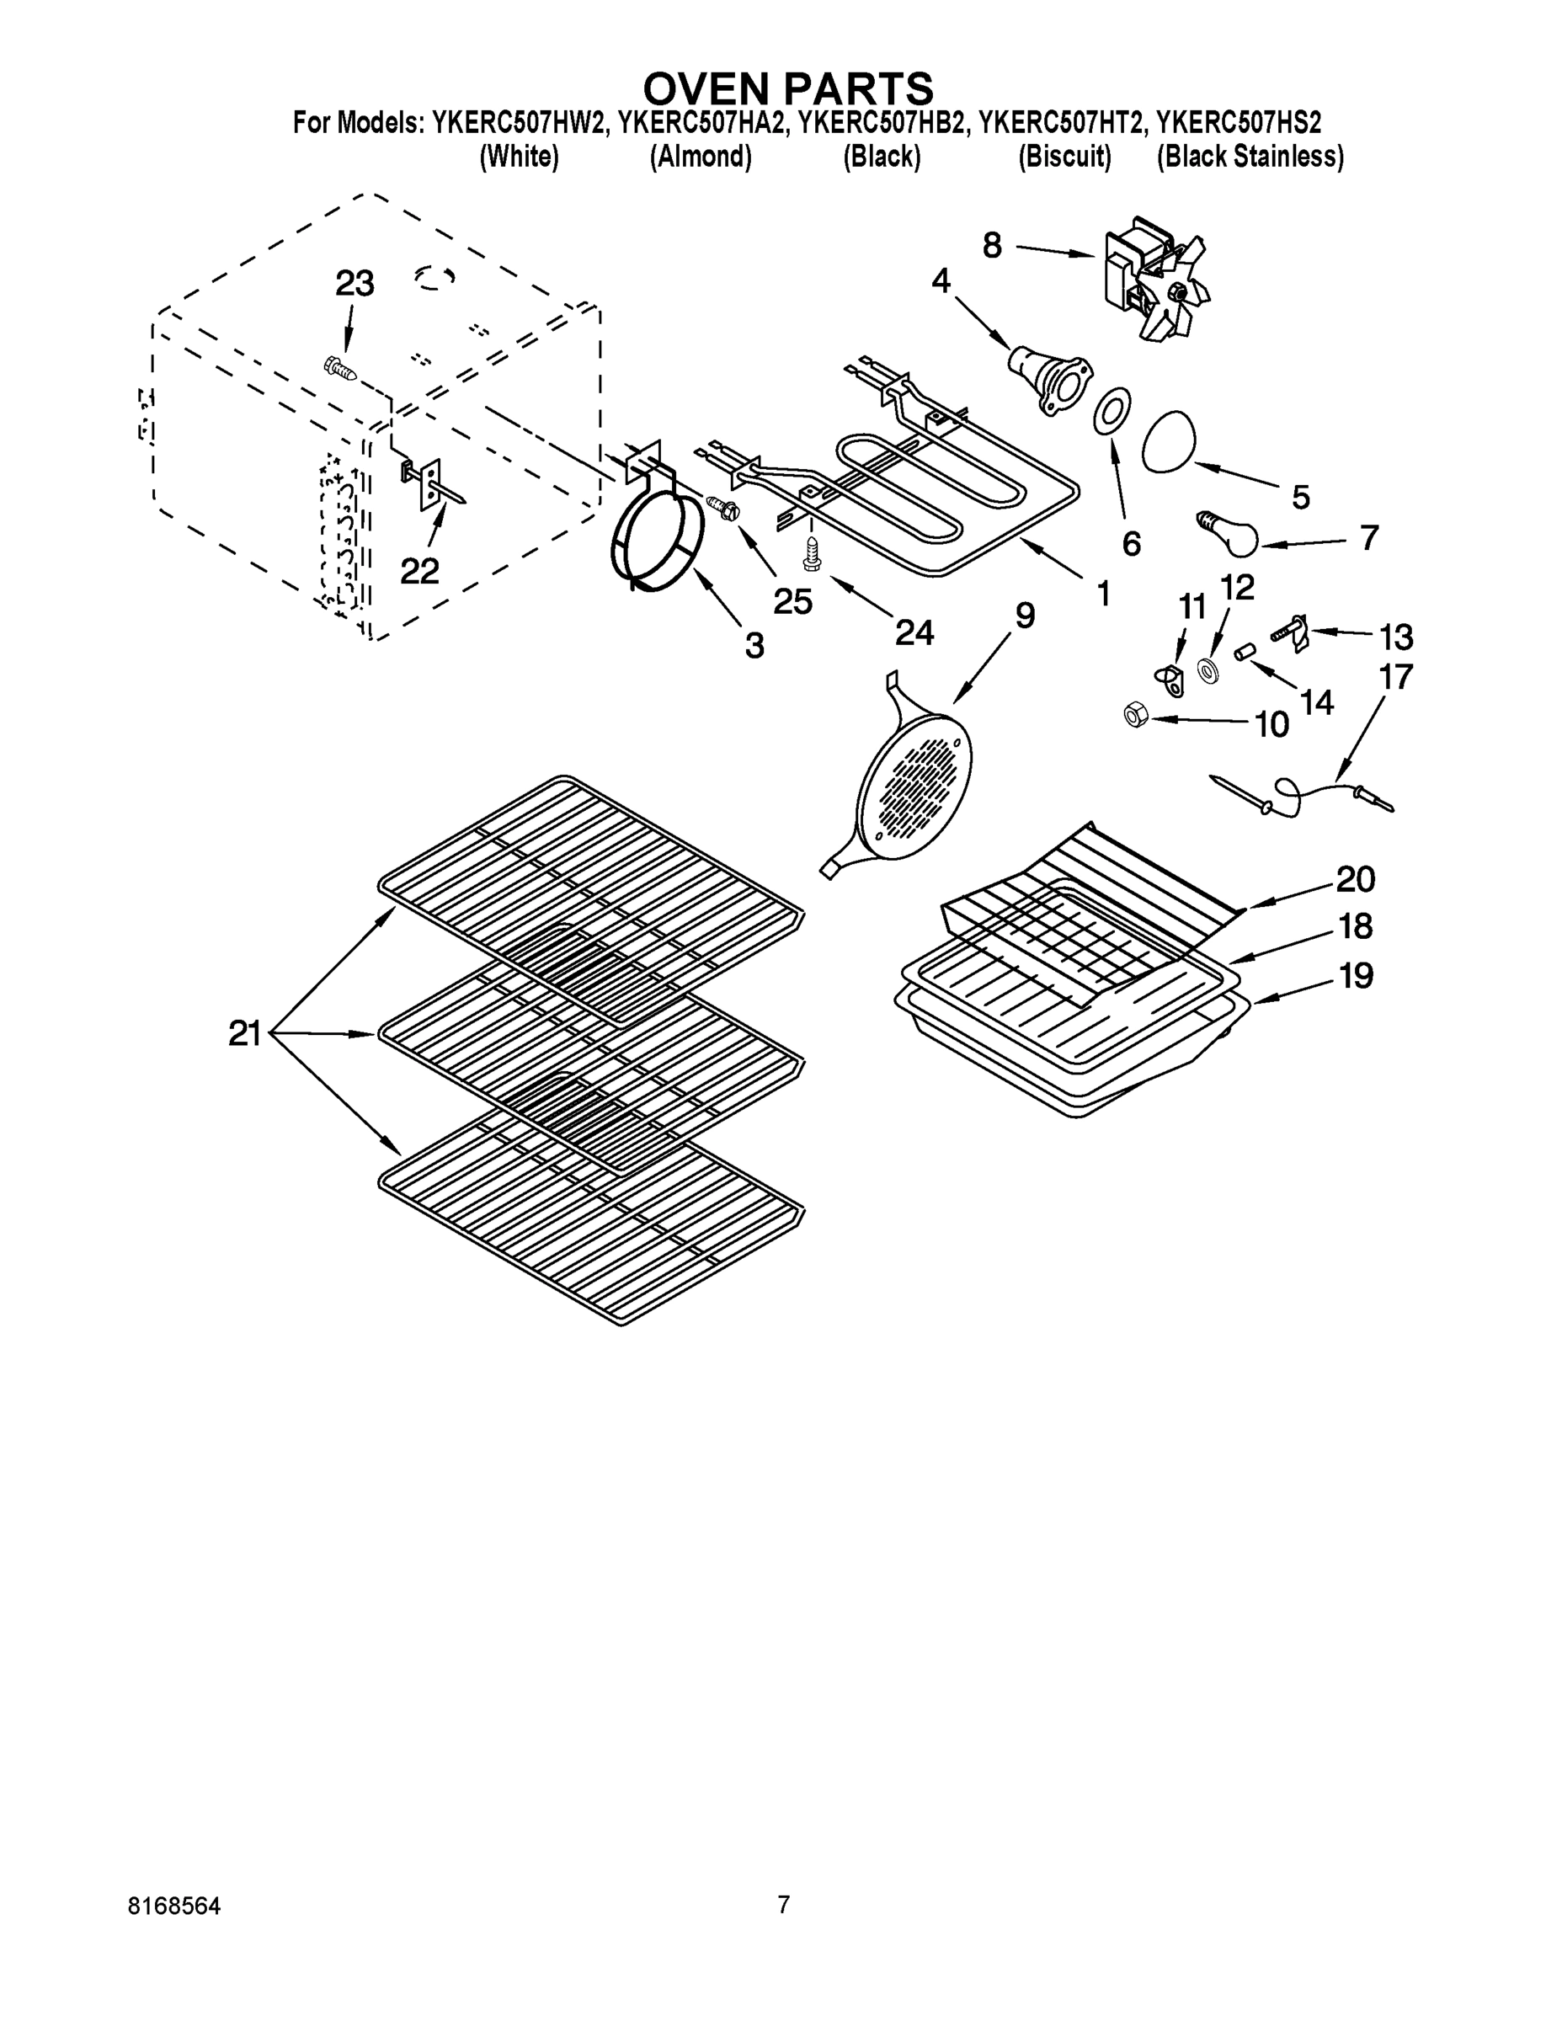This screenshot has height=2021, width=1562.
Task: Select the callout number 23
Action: tap(355, 284)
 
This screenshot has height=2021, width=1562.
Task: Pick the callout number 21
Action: tap(245, 1033)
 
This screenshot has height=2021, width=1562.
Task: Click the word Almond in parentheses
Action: tap(700, 157)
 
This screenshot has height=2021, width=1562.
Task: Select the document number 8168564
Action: tap(174, 1906)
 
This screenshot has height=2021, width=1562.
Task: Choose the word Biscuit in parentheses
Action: tap(1064, 157)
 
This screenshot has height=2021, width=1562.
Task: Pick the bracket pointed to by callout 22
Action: tap(429, 484)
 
